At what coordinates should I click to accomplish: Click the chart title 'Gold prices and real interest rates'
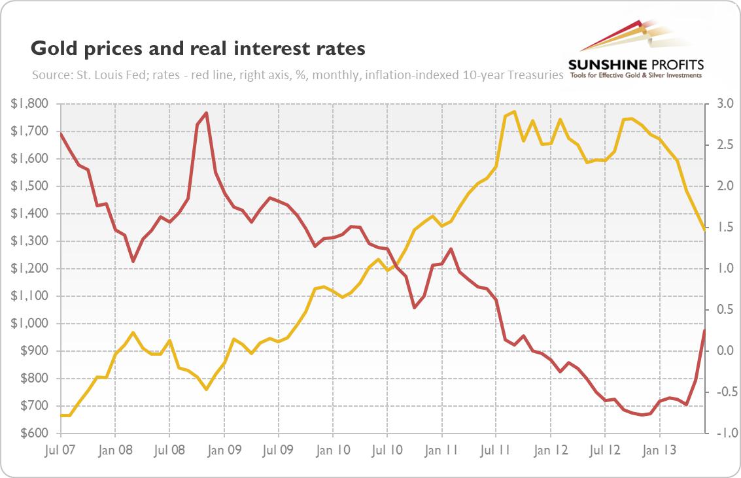coord(197,48)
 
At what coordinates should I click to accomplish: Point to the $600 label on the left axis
coord(30,434)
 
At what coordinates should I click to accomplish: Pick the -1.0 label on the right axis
coord(723,434)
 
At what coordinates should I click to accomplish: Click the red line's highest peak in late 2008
coord(207,113)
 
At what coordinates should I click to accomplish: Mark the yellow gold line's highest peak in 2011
coord(515,112)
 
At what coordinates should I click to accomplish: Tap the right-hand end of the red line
coord(704,330)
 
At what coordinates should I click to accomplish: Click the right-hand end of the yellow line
coord(704,230)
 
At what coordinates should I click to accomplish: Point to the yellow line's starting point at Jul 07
coord(61,415)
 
